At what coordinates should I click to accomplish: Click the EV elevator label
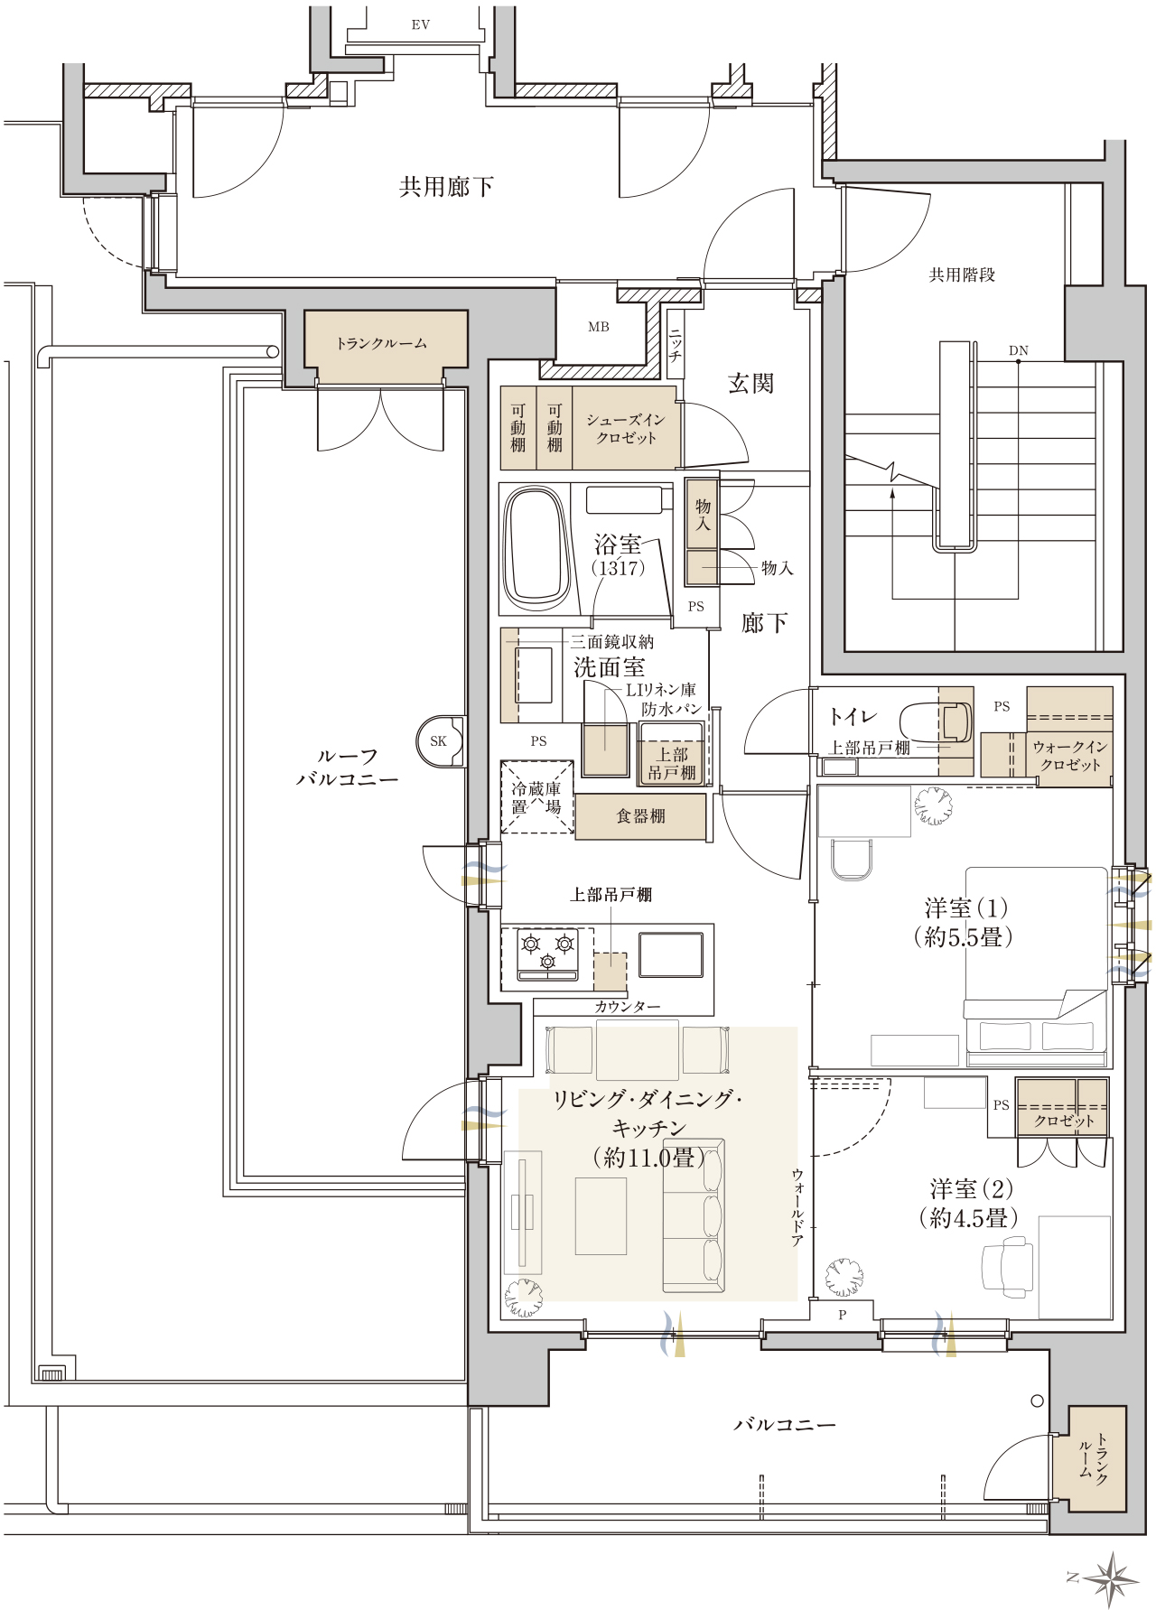point(420,25)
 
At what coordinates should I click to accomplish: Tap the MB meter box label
point(599,327)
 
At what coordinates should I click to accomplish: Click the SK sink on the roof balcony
point(440,741)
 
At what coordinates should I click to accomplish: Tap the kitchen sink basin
point(671,955)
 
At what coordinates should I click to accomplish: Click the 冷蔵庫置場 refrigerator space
point(537,797)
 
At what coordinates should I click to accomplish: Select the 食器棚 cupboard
point(640,816)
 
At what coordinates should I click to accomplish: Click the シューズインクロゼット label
point(626,429)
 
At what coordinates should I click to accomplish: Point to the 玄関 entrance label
point(751,384)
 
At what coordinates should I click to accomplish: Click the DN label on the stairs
point(1019,350)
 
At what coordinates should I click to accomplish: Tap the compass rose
point(1112,1578)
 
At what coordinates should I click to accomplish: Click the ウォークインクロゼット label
point(1070,756)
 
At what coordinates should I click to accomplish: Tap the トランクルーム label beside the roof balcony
point(381,343)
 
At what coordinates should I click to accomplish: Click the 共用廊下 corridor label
point(446,187)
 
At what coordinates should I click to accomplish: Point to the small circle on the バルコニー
point(1038,1401)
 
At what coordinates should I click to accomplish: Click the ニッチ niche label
point(675,345)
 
